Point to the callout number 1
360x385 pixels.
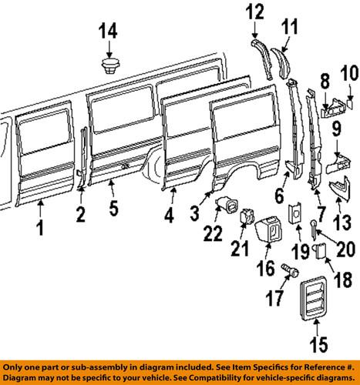pos(39,228)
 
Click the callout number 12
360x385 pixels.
pos(255,12)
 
